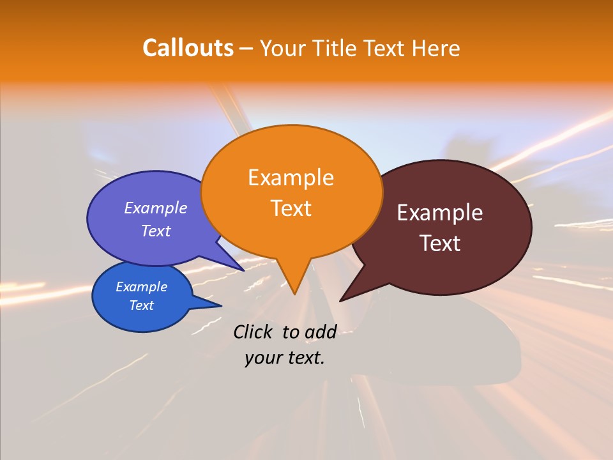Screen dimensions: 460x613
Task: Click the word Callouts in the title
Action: [188, 48]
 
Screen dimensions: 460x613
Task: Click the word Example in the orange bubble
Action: [291, 177]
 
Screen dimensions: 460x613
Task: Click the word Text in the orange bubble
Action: [291, 208]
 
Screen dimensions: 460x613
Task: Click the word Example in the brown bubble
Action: [440, 213]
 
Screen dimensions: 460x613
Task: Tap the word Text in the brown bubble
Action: [440, 243]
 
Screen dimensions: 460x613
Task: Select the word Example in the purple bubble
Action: [155, 208]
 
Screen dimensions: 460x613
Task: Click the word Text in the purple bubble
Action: [155, 231]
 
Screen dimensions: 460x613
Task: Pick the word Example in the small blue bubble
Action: [141, 287]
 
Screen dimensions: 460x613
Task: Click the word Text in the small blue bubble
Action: [141, 305]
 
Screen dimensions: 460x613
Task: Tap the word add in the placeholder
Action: [321, 332]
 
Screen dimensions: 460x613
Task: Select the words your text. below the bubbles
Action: [285, 358]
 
